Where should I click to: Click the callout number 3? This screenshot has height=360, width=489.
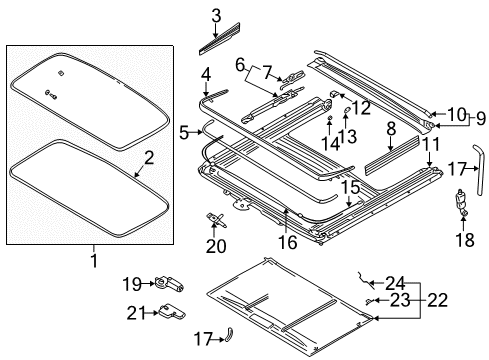pos(216,16)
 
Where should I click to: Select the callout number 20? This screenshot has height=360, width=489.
pos(216,246)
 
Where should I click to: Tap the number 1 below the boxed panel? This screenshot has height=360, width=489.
pos(94,260)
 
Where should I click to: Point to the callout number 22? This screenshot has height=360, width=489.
pos(437,300)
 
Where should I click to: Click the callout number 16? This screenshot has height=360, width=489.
pos(287,242)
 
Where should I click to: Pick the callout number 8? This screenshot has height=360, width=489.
pos(391,128)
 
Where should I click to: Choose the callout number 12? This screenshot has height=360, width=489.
pos(361,108)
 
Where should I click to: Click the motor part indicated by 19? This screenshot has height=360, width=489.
pos(169,284)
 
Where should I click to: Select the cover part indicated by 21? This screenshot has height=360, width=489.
pos(172,312)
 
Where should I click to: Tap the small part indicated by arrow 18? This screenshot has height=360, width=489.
pos(462,201)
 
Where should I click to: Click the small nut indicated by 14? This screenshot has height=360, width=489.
pos(329,117)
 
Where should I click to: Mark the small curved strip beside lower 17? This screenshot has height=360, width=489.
pos(229,334)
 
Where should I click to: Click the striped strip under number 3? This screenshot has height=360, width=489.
pos(220,39)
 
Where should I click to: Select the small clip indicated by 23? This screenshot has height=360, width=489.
pos(368,301)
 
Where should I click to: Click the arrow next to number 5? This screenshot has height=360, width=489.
pos(196,132)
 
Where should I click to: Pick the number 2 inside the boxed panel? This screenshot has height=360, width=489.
pos(149,157)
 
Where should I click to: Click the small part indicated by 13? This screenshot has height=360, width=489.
pos(347,110)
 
